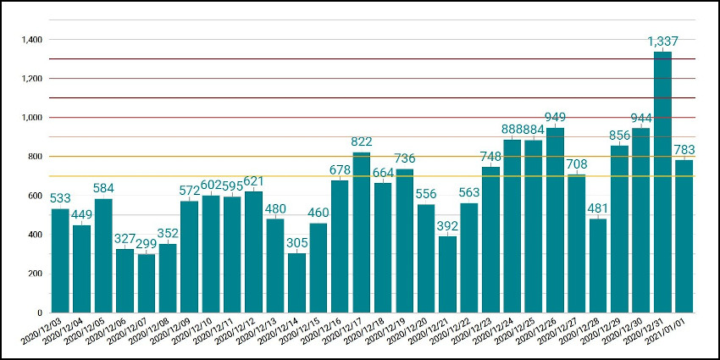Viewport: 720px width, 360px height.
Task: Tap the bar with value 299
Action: tap(146, 283)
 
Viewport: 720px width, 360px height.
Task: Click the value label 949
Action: tap(555, 117)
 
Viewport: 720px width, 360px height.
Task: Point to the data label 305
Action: tap(296, 242)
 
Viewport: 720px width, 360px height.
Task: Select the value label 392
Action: tap(447, 225)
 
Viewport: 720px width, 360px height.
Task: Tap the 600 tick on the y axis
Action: tap(34, 196)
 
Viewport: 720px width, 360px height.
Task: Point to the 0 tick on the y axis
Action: tap(39, 313)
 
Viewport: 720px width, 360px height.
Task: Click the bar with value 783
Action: tap(684, 236)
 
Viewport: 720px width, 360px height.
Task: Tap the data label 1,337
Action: tap(662, 41)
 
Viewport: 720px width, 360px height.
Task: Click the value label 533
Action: tap(60, 197)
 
